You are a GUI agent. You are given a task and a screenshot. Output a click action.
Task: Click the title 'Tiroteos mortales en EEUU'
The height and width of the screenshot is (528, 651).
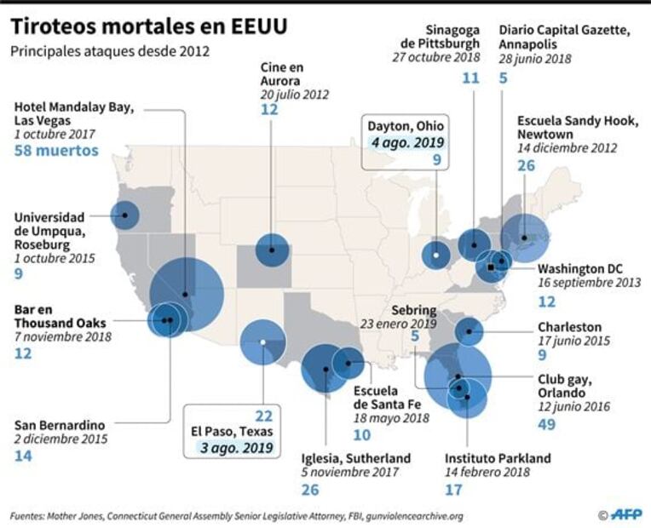148,26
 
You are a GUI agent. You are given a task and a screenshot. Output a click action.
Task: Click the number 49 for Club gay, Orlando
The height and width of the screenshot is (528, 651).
547,424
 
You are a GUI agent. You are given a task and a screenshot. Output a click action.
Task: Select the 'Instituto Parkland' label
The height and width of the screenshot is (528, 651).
498,458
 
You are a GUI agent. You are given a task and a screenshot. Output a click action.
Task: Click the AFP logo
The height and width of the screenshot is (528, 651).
625,514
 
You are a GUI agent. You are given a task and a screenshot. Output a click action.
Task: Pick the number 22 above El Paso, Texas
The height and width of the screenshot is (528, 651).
263,416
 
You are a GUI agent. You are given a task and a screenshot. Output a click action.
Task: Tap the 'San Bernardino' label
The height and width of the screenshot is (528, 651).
60,425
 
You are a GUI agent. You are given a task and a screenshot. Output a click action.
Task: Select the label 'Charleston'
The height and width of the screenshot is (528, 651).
569,327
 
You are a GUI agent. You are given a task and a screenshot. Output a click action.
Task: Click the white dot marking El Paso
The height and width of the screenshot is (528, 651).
263,342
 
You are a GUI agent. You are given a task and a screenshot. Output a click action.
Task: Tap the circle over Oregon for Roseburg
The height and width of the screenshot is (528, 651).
125,215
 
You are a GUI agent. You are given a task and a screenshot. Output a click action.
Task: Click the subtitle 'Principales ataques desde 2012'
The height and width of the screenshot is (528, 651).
110,51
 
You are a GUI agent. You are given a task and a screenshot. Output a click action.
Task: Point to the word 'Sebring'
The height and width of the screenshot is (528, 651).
414,310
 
